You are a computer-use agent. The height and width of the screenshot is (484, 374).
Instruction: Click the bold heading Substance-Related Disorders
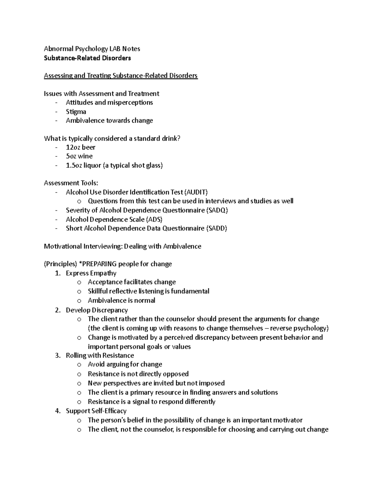tap(87, 58)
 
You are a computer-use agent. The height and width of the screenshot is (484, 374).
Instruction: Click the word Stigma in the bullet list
tap(76, 112)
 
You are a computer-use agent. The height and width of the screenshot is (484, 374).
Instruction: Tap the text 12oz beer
tap(80, 147)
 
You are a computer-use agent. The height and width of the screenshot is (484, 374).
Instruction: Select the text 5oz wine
tap(79, 156)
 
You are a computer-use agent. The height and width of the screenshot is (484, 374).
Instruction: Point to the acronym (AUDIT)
tap(196, 192)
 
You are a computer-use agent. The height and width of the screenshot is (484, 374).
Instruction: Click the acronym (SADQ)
tap(217, 210)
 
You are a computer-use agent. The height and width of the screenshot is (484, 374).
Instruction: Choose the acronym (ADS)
tap(154, 219)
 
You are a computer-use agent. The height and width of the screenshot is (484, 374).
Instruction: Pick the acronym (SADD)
tap(216, 228)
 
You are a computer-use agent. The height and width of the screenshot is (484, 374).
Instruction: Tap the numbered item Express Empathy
tap(91, 273)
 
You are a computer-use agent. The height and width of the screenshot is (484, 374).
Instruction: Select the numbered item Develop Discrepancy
tap(97, 310)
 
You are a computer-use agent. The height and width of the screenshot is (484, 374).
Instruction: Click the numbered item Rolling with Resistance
tap(100, 355)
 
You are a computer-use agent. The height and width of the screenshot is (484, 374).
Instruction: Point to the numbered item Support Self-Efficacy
tap(96, 411)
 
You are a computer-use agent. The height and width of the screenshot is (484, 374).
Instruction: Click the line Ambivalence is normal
tap(121, 300)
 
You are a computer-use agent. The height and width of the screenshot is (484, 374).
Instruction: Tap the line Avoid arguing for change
tap(125, 364)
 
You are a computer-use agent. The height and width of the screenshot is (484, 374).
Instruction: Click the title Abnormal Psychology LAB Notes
tap(92, 49)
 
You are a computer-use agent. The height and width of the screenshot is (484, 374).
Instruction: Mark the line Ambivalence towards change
tap(109, 121)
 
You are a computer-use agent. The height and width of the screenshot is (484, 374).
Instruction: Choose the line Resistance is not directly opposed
tap(138, 374)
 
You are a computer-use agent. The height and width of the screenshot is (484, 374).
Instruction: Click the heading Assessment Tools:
tap(71, 183)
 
